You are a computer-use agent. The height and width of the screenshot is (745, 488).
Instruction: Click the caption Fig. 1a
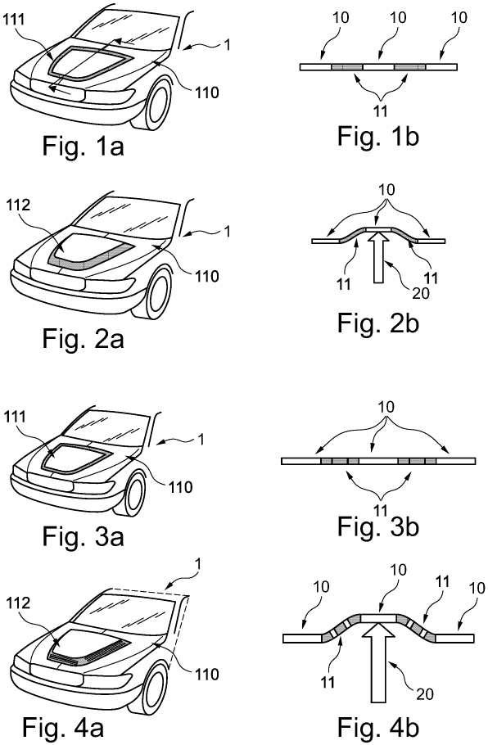[x=84, y=146]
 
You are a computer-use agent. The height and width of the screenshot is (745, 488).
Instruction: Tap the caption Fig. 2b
[x=378, y=324]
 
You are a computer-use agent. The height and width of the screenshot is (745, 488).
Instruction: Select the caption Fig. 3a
[x=84, y=536]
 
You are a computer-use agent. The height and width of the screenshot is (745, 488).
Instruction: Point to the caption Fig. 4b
[x=378, y=727]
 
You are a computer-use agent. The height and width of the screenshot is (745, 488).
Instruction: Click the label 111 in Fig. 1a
[x=16, y=20]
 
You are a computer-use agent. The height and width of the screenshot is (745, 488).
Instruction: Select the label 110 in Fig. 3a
[x=178, y=487]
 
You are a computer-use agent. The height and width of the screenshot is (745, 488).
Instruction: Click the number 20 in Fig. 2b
[x=421, y=293]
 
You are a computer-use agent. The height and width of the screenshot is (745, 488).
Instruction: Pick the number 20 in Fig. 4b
[x=425, y=694]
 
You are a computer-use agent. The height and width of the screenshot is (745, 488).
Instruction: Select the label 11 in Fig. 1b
[x=381, y=111]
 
